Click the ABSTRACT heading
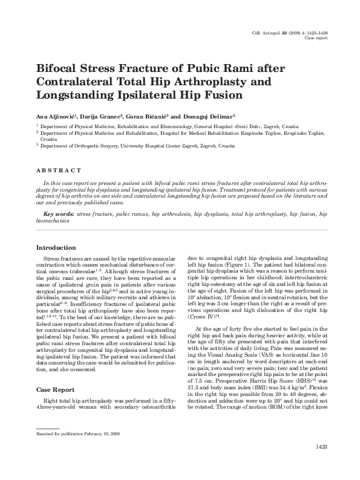pyautogui.click(x=59, y=171)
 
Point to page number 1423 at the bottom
pyautogui.click(x=322, y=463)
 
